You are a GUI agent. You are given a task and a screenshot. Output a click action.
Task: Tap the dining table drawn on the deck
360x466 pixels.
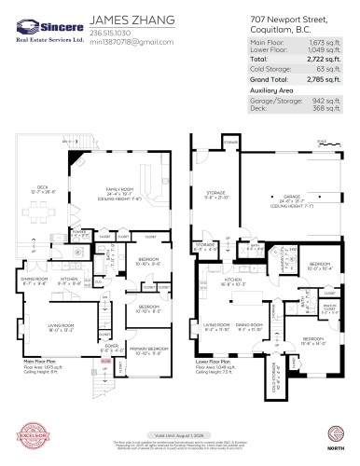[44, 211]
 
